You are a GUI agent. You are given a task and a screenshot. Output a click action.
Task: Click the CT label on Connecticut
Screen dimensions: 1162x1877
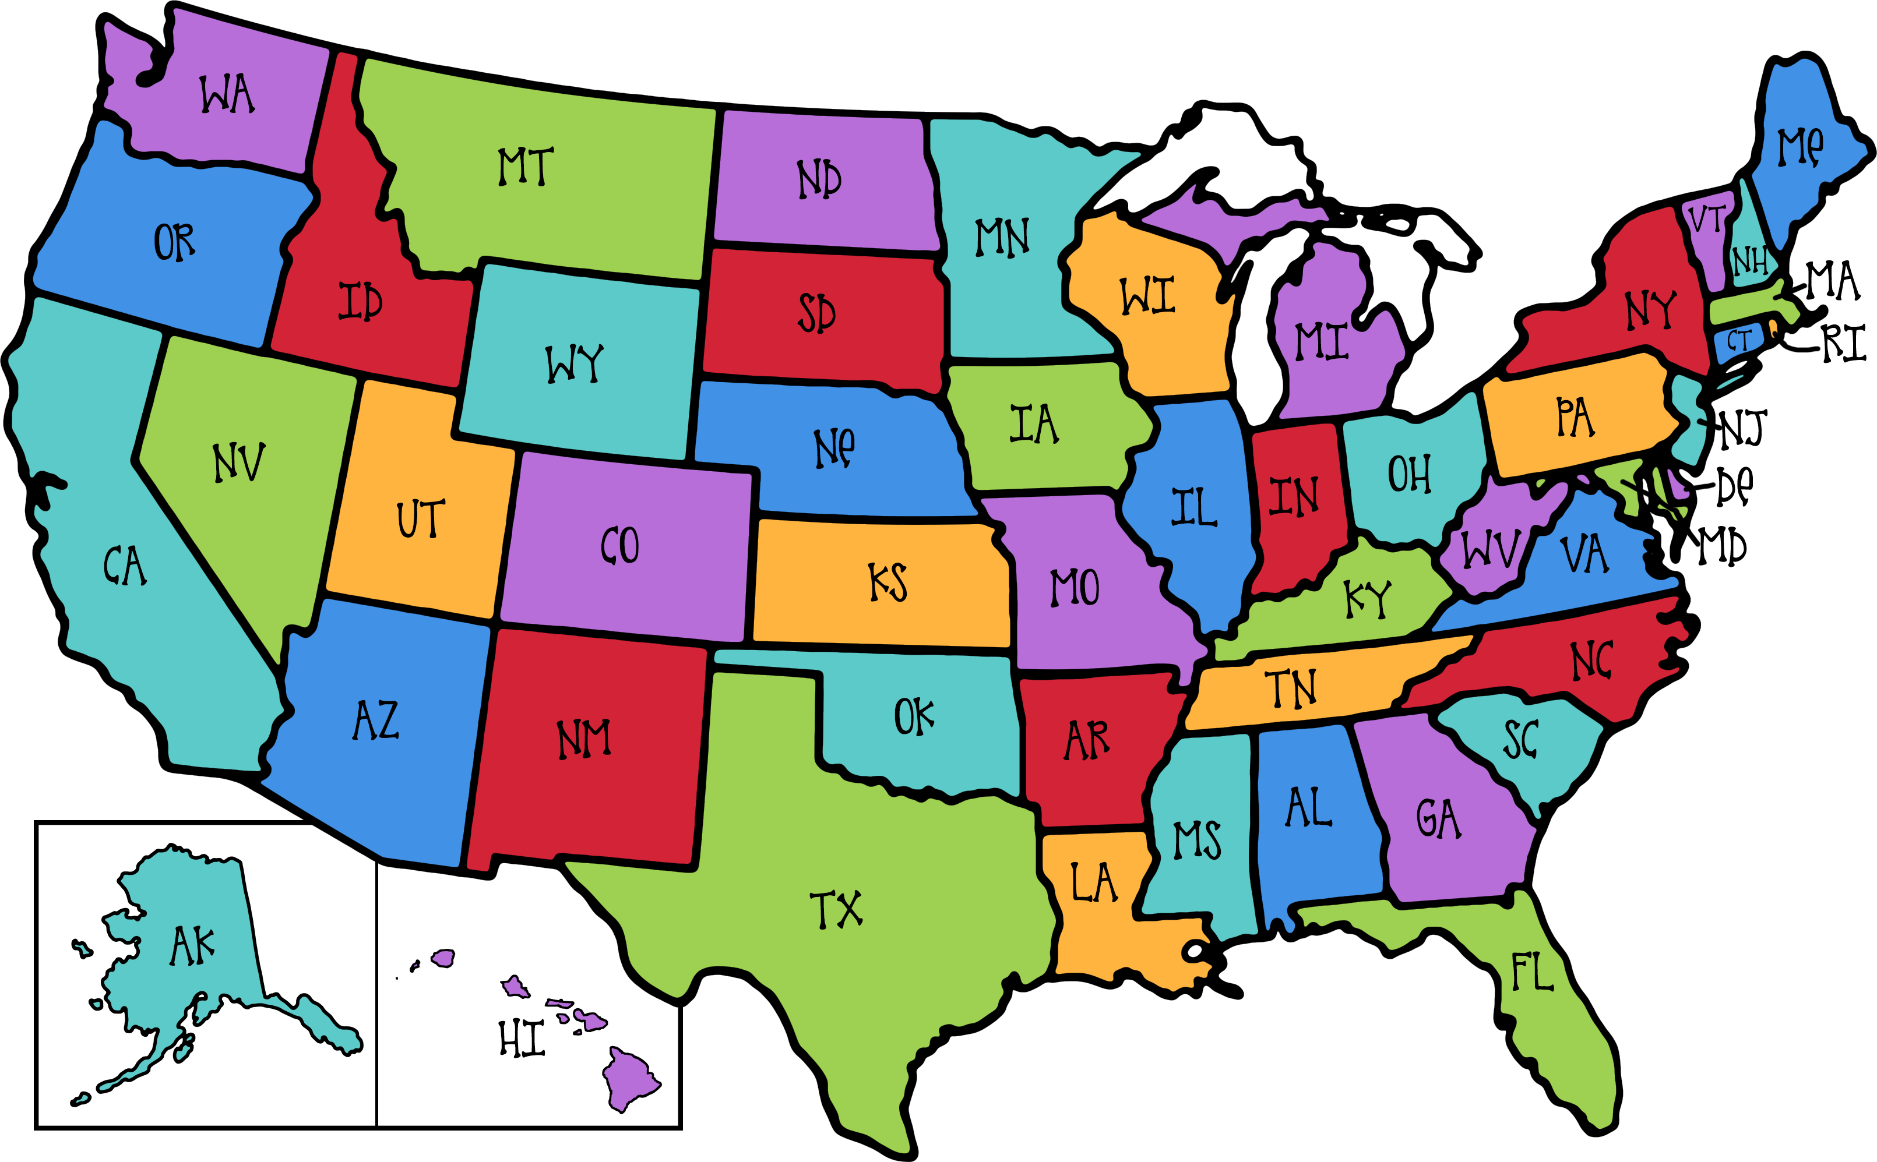click(x=1738, y=341)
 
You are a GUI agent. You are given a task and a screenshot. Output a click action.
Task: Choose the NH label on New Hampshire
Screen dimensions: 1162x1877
click(x=1749, y=262)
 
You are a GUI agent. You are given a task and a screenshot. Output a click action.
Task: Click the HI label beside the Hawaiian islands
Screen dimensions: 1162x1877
click(x=522, y=1039)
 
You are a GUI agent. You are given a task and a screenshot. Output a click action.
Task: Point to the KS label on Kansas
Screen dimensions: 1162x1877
click(x=888, y=582)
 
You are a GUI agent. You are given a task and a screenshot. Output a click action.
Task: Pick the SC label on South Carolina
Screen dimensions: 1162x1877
click(x=1520, y=739)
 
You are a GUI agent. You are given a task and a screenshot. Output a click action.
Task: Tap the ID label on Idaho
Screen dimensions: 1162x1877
click(x=360, y=301)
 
